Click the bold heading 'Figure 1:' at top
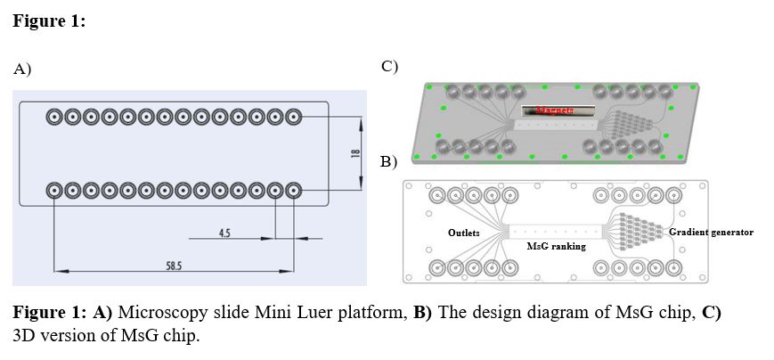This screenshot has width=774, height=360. click(x=49, y=21)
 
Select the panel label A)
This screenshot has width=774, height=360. click(x=22, y=69)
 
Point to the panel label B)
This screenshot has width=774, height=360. click(x=389, y=162)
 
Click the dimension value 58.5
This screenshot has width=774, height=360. click(x=175, y=266)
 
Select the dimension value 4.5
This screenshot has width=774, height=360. click(x=224, y=233)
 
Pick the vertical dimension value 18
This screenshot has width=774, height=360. click(x=354, y=153)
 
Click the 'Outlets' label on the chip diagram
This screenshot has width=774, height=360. click(x=464, y=233)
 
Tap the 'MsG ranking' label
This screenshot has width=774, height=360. click(x=557, y=245)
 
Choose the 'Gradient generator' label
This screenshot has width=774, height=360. click(x=711, y=233)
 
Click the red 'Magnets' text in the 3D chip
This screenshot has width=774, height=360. click(x=557, y=110)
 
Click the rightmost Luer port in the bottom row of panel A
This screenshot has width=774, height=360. click(x=293, y=190)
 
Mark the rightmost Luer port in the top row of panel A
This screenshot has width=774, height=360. click(x=293, y=117)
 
